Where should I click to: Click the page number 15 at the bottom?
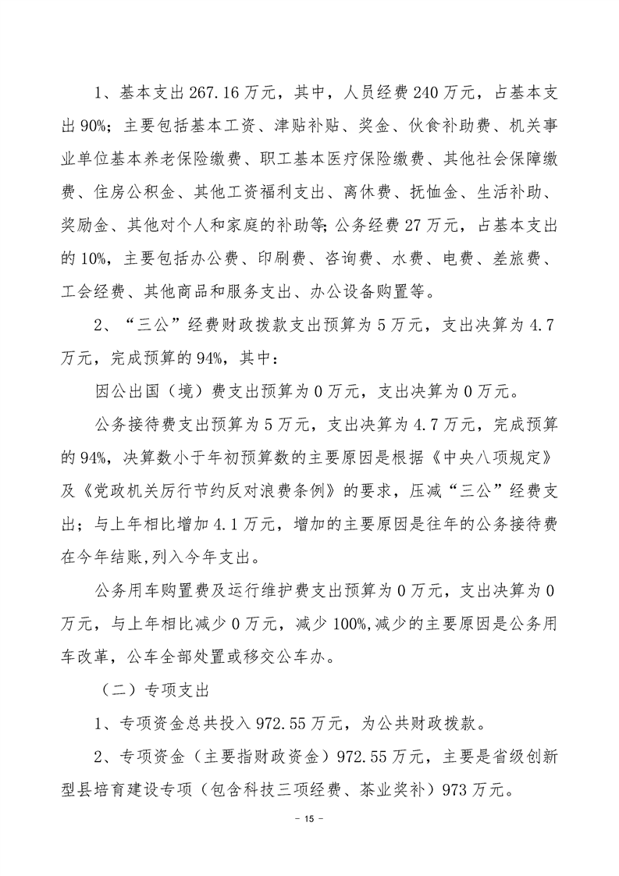(309, 819)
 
